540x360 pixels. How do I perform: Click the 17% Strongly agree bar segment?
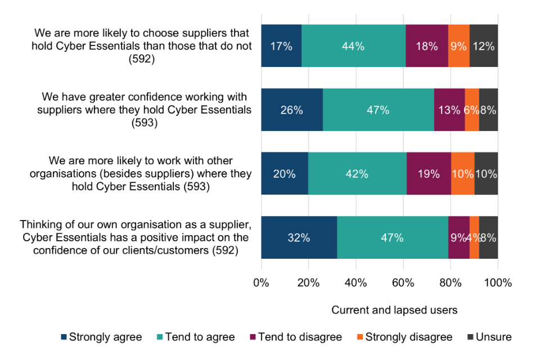(281, 46)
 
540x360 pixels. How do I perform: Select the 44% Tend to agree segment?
(353, 46)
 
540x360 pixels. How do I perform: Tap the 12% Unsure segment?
(484, 46)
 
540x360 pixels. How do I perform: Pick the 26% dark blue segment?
(292, 110)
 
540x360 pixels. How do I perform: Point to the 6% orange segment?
(472, 110)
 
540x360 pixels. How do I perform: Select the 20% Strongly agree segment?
(285, 174)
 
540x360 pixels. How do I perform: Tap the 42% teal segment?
(357, 174)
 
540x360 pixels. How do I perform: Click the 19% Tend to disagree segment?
(429, 174)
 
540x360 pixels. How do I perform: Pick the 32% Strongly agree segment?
(299, 237)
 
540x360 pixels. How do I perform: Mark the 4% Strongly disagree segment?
(474, 237)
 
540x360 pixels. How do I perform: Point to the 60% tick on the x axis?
(403, 282)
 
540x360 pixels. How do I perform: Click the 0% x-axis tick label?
(262, 282)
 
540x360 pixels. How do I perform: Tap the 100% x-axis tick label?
(498, 282)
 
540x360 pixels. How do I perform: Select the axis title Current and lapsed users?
(394, 310)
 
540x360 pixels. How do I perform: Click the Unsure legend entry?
(489, 337)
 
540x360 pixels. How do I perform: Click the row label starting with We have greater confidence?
(144, 110)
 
